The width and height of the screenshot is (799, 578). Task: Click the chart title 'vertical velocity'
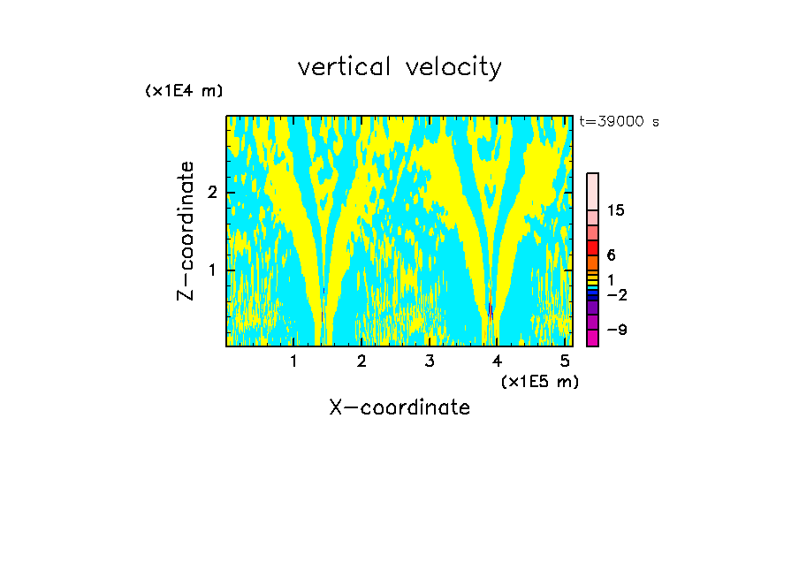[x=399, y=67]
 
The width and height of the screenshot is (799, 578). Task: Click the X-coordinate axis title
[x=399, y=407]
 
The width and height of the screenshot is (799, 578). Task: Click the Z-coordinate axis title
[x=186, y=231]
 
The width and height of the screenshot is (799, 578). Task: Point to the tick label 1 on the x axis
[x=293, y=361]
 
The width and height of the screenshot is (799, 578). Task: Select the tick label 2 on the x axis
[x=361, y=361]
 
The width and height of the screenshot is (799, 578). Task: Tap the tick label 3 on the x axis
[x=430, y=361]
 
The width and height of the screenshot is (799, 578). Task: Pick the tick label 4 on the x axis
[x=498, y=361]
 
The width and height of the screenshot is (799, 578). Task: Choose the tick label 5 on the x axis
[x=565, y=361]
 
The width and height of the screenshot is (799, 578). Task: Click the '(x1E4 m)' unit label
[x=184, y=91]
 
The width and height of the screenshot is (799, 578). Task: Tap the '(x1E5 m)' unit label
[x=539, y=381]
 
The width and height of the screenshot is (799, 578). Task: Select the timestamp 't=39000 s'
[x=619, y=122]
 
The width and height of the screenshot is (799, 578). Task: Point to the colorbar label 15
[x=616, y=210]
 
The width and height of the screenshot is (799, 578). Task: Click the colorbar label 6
[x=611, y=255]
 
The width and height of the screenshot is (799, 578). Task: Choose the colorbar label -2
[x=616, y=294]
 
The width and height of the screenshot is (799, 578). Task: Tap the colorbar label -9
[x=616, y=330]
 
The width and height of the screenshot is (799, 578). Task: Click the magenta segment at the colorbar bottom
[x=592, y=338]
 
